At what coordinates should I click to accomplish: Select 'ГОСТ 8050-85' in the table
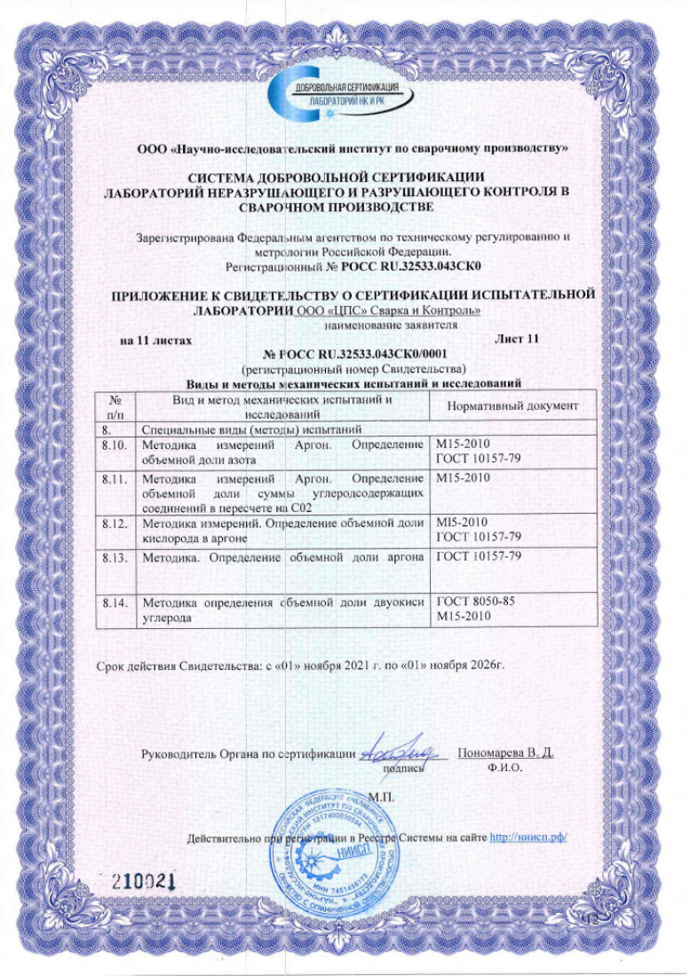[477, 602]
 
